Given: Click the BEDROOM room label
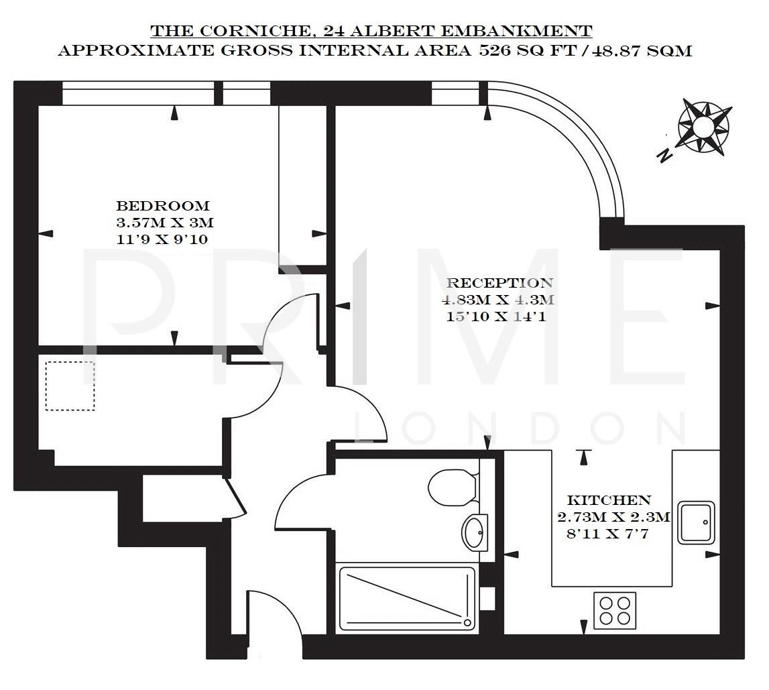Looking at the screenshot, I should (x=163, y=206).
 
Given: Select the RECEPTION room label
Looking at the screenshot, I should (x=500, y=283).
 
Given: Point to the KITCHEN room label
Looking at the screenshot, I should (x=609, y=500).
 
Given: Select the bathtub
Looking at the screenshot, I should (x=407, y=599).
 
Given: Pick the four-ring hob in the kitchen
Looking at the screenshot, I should (x=615, y=610).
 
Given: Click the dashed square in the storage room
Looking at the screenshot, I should (x=70, y=386).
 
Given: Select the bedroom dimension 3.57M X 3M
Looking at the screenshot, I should (x=165, y=222).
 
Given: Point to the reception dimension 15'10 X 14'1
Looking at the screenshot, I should (x=496, y=317).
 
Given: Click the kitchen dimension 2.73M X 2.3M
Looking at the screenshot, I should (x=613, y=517).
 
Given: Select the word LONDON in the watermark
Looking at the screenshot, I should (x=520, y=426).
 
